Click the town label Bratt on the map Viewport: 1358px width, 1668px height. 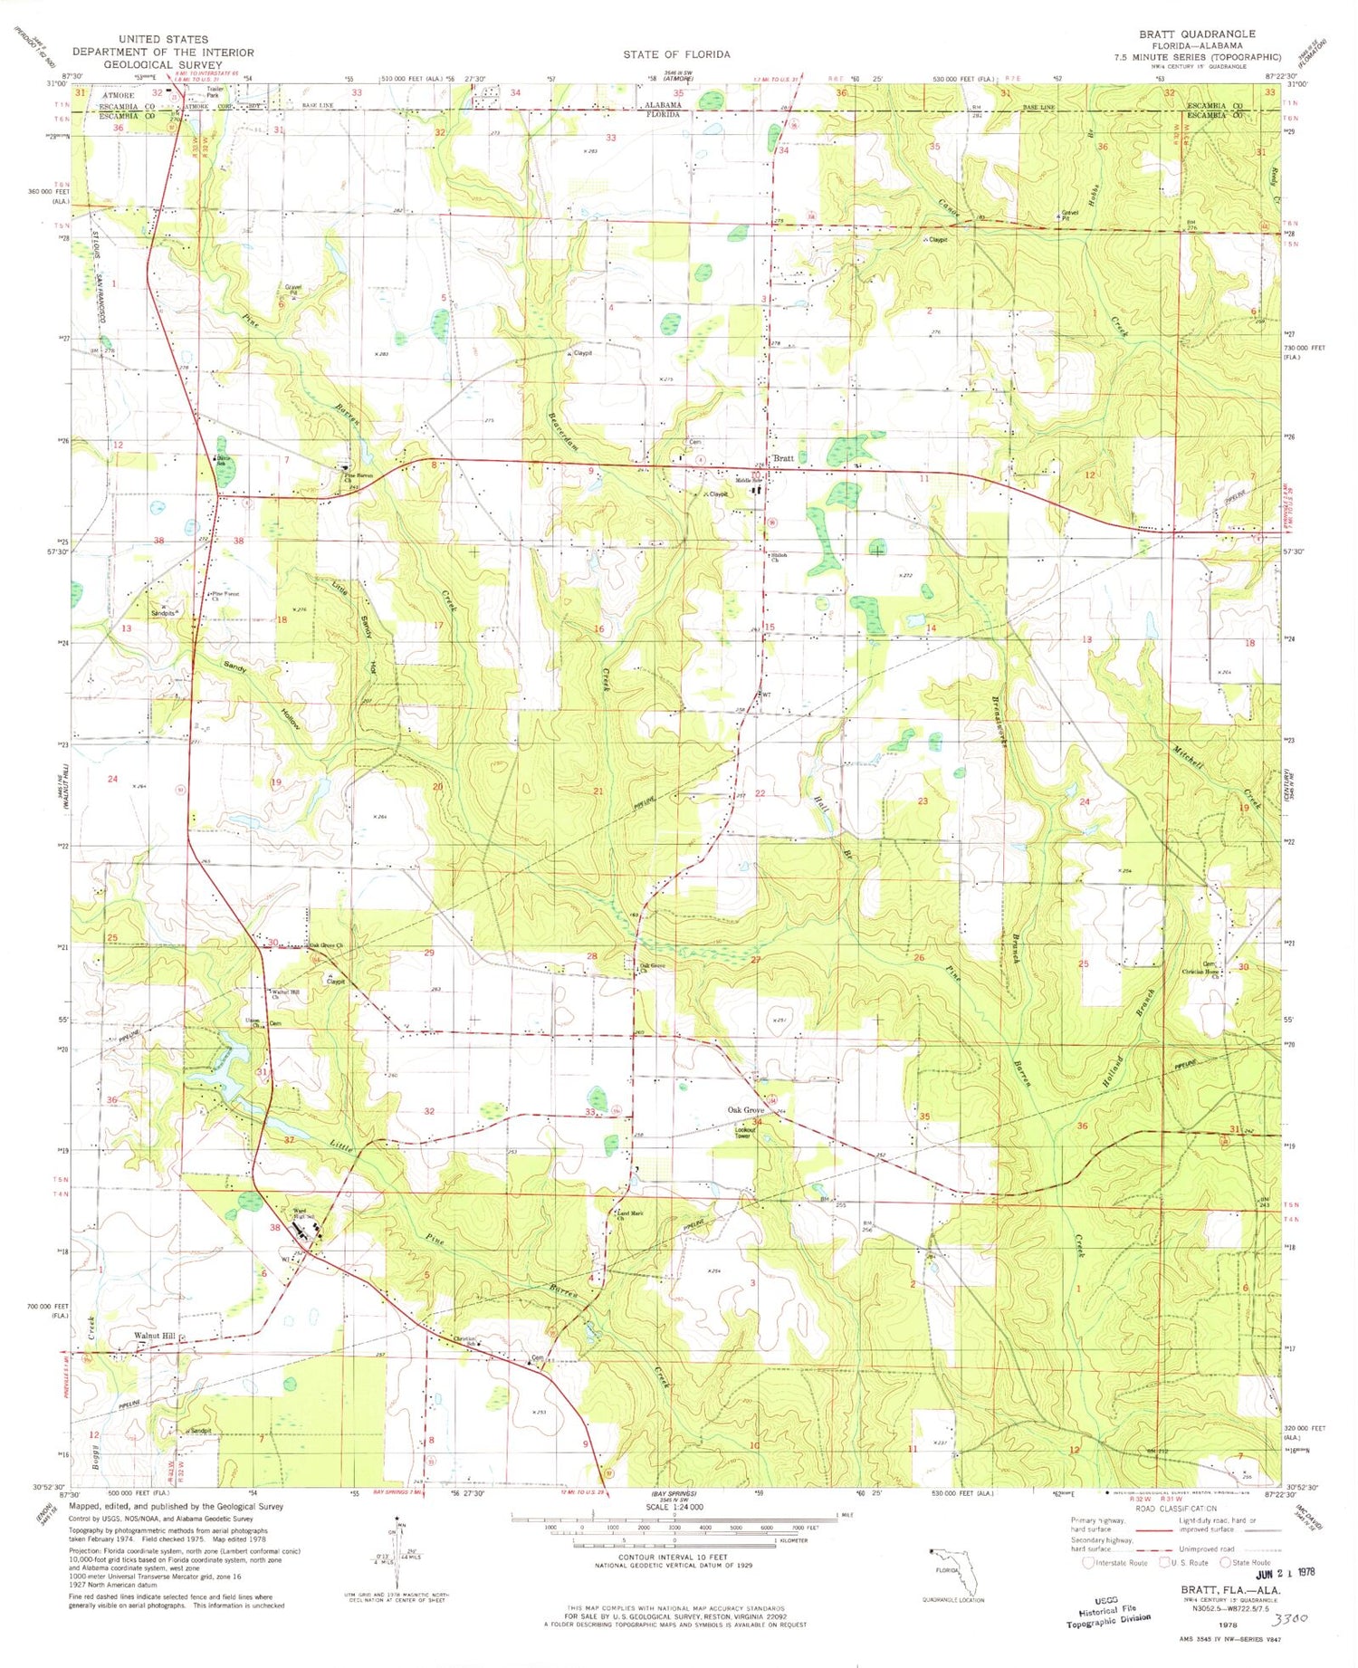tap(783, 458)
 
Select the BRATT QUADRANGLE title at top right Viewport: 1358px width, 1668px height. tap(1197, 34)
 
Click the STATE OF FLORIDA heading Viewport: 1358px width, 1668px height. tap(675, 54)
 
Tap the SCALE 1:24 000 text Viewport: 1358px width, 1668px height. tap(674, 1507)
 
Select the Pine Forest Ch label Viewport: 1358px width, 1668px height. tap(225, 595)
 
